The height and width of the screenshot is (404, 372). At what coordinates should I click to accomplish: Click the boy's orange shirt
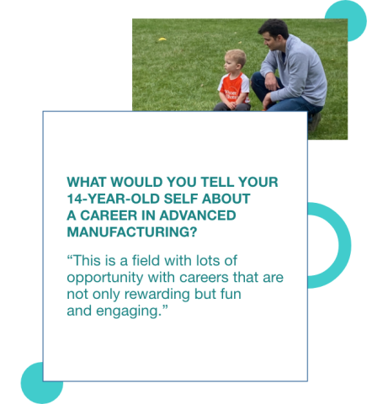(232, 87)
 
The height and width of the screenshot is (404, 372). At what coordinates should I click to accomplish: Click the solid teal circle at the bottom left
(41, 381)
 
